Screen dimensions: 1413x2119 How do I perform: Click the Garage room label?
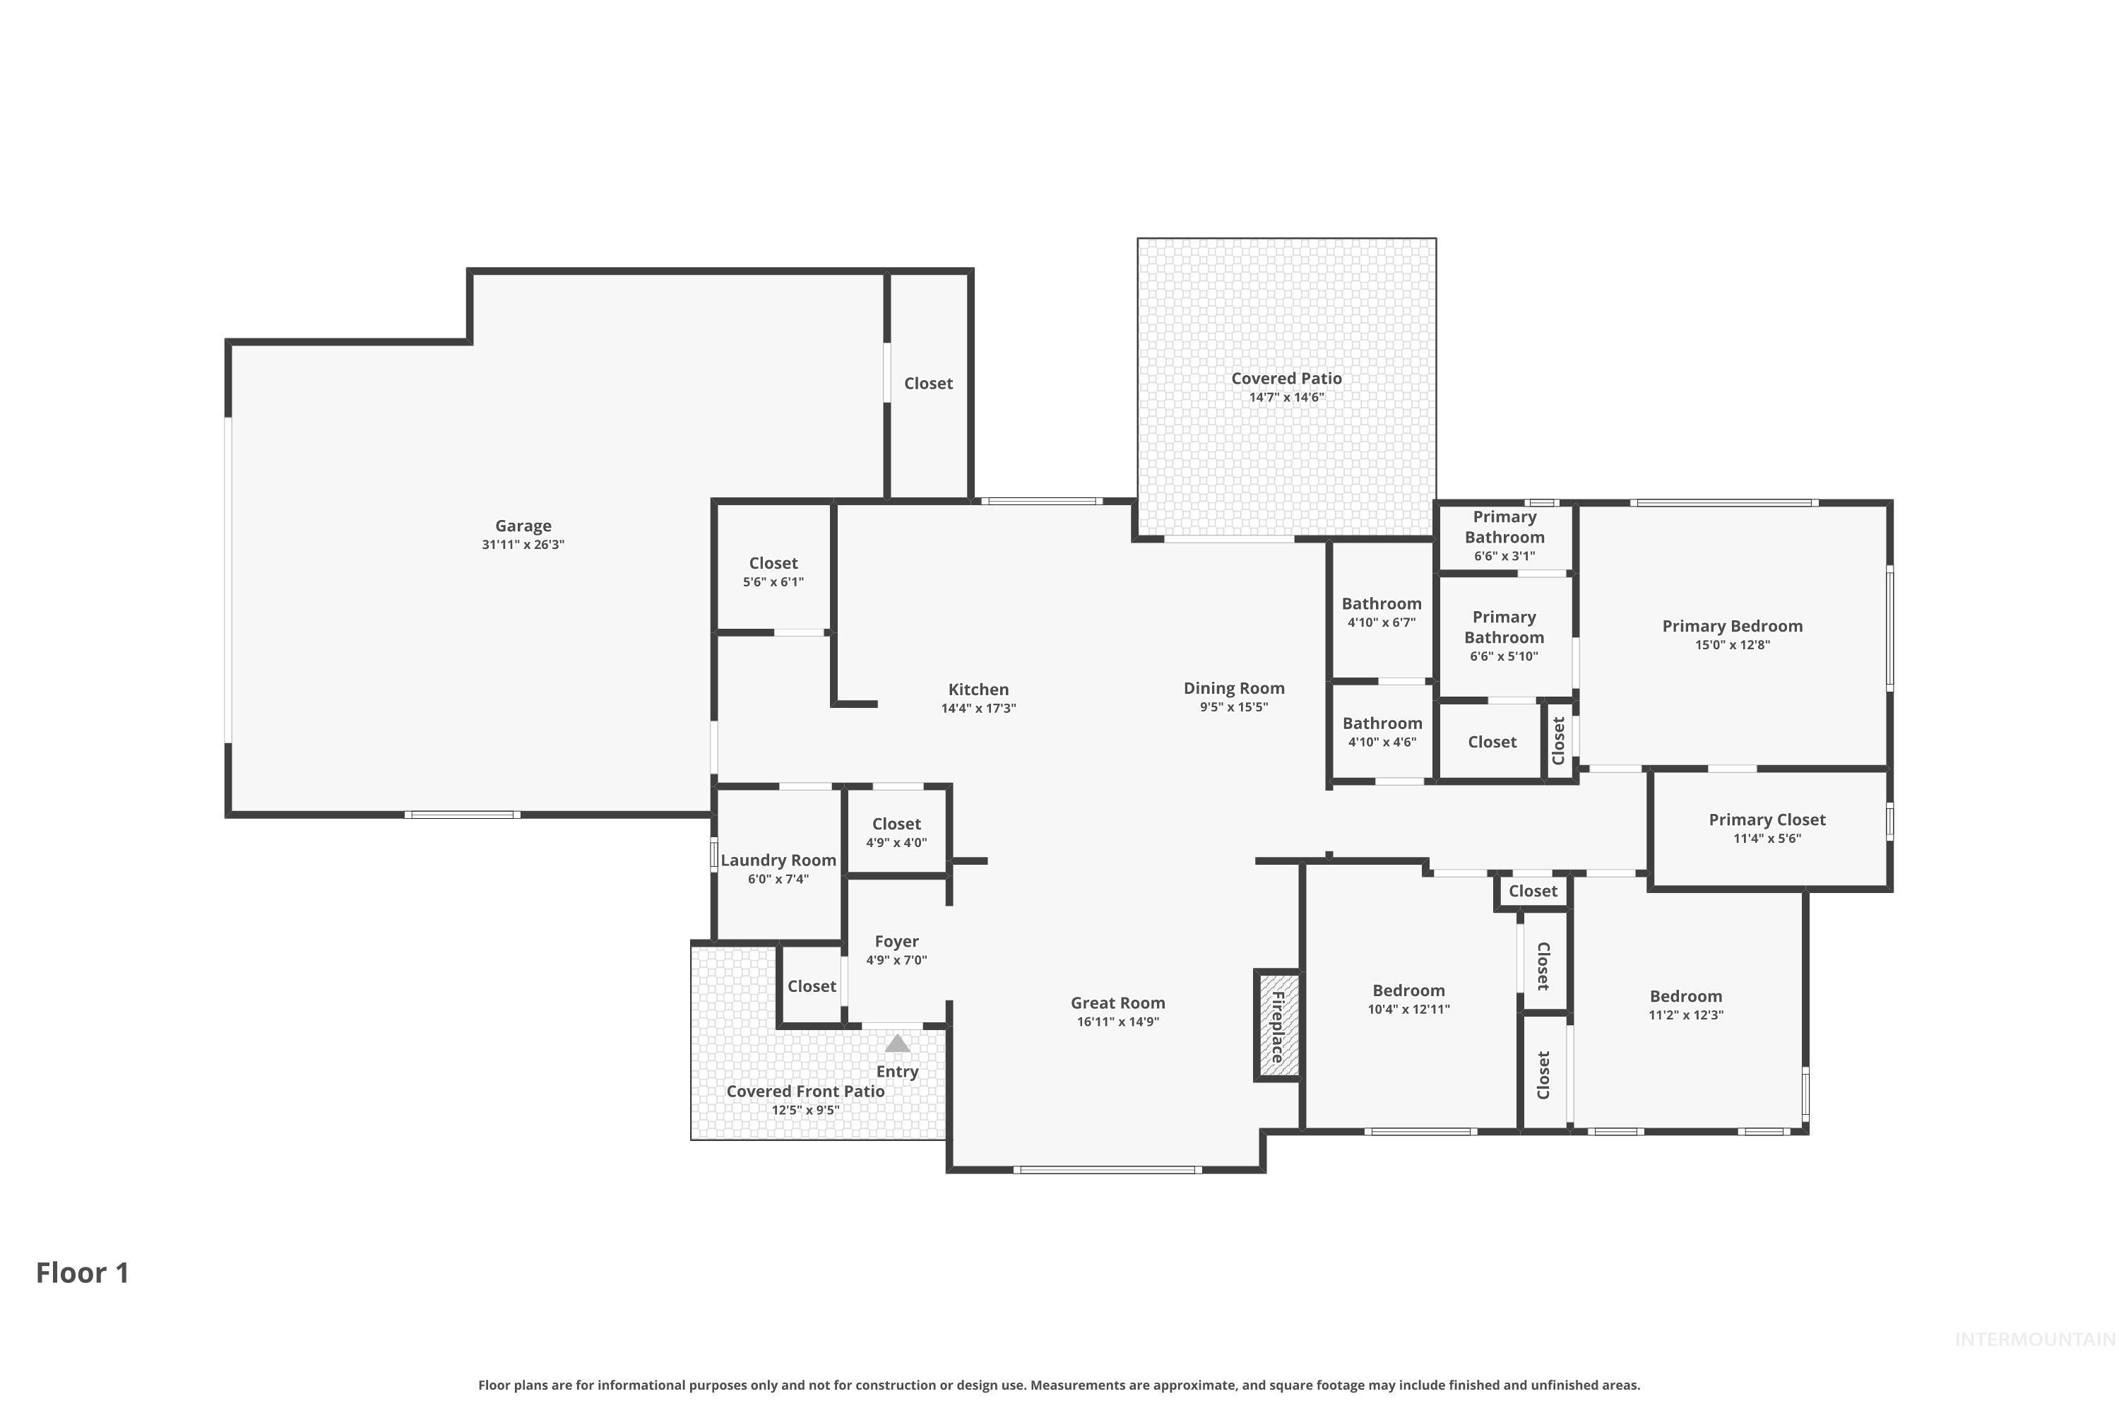coord(523,526)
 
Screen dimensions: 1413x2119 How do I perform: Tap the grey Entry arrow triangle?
coord(897,1044)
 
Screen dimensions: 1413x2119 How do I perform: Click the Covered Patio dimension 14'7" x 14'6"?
coord(1286,397)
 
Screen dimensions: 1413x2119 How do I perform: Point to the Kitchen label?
coord(978,690)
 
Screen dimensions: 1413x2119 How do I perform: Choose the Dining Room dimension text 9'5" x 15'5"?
coord(1233,707)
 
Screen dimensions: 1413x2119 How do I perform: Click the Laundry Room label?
coord(778,861)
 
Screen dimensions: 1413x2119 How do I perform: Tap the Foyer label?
coord(896,942)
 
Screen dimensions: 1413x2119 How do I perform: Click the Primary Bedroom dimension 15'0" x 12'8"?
coord(1732,645)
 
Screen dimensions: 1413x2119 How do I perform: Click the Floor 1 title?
coord(83,1272)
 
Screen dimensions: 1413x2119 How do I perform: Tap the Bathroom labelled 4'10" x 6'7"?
coord(1381,604)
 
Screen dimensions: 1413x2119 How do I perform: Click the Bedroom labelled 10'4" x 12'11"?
coord(1408,991)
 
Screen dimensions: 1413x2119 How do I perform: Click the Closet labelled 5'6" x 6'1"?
coord(773,563)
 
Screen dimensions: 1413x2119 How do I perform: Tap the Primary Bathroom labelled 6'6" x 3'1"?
coord(1504,527)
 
